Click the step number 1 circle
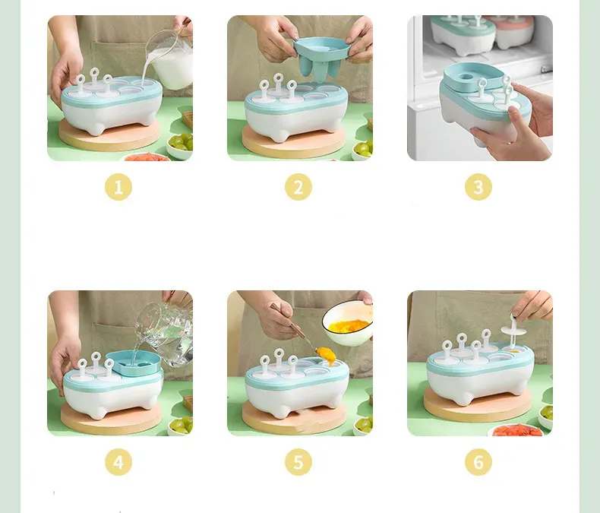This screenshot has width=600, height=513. tap(118, 187)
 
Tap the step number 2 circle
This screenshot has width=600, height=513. tap(298, 187)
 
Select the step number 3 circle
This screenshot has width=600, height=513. tap(478, 187)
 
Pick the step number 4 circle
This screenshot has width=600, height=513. tap(118, 462)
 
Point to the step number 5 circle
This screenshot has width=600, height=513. tap(298, 462)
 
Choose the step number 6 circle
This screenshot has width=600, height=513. tap(478, 462)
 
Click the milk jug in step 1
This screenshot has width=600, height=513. tap(170, 62)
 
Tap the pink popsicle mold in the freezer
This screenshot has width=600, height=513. tap(513, 33)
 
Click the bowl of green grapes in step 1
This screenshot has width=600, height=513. tap(180, 145)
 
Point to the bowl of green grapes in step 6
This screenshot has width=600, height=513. tap(545, 416)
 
